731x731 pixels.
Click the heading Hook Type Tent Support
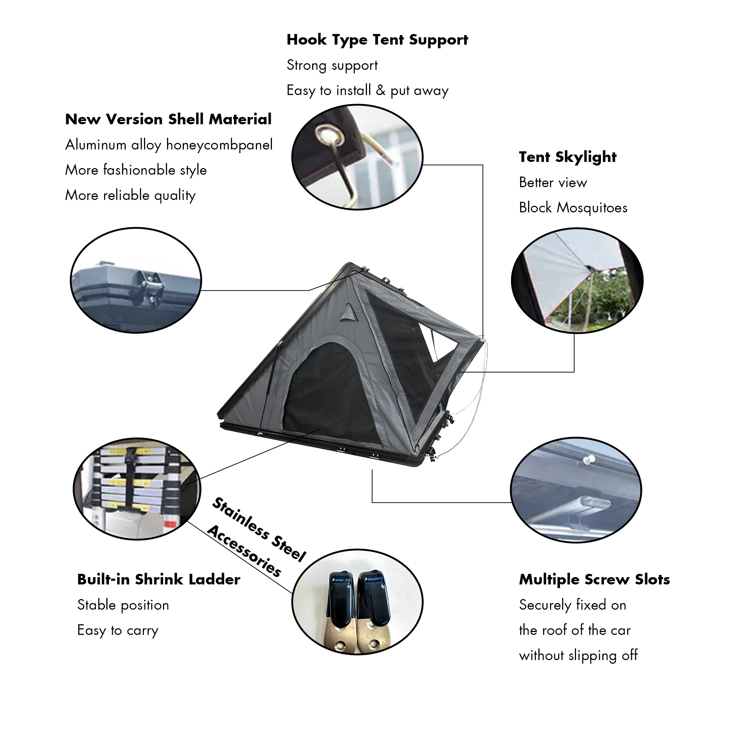coord(377,40)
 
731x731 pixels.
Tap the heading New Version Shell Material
coord(168,120)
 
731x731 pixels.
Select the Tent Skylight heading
coord(568,158)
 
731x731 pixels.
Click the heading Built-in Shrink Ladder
coord(159,580)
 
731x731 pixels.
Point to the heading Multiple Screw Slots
coord(594,580)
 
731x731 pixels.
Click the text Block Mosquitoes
coord(573,208)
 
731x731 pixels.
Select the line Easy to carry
coord(118,631)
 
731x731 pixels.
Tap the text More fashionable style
coord(136,170)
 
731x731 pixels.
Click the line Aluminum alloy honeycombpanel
coord(169,145)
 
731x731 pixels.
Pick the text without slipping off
coord(578,656)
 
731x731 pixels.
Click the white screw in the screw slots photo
coord(588,461)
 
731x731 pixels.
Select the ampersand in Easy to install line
coord(380,90)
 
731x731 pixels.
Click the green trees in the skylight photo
coord(602,299)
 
